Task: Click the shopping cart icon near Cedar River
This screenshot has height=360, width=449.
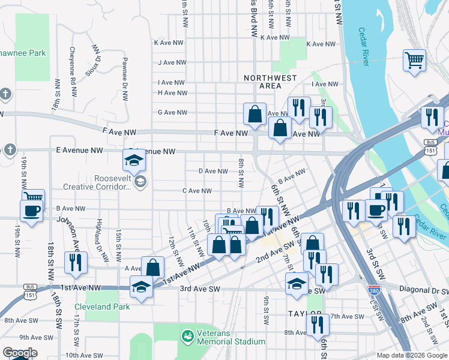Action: pos(414,60)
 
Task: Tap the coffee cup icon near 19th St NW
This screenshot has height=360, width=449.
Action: pos(31,211)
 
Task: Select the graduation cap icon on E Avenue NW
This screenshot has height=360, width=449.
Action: pos(134,160)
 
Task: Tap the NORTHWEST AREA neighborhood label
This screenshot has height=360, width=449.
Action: pos(262,82)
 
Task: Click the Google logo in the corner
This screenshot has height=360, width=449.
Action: pos(20,352)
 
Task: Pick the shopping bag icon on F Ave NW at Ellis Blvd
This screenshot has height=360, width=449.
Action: pos(255,114)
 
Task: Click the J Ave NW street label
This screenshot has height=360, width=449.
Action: pos(171,62)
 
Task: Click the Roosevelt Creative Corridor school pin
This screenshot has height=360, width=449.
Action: pos(140,181)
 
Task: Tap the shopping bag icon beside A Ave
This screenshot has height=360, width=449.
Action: pos(154,268)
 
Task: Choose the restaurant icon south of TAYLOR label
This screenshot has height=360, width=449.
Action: pos(317,325)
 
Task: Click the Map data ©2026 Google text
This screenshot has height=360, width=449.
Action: pos(411,355)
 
